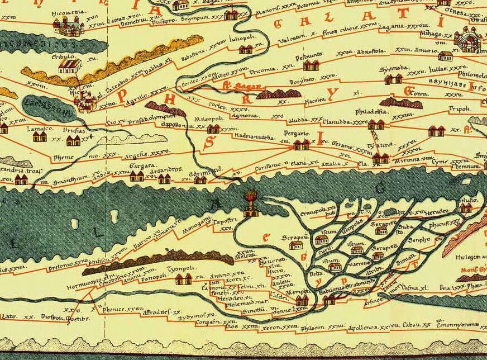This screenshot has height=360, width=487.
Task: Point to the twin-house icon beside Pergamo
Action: (x=302, y=145)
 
